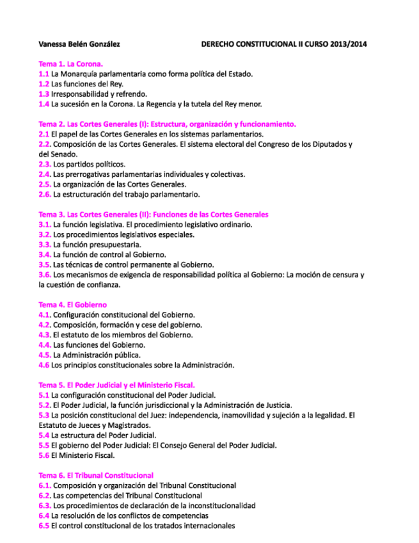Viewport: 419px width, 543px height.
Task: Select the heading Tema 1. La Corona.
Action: [x=71, y=64]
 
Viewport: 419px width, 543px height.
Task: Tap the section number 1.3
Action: [x=44, y=93]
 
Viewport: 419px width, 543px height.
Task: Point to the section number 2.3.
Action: [x=45, y=164]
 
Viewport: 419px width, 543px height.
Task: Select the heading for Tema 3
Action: [x=154, y=215]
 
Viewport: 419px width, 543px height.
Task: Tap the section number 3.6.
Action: [x=45, y=275]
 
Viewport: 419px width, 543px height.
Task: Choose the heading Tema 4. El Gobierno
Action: [x=73, y=305]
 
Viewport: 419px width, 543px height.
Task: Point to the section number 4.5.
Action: [x=45, y=355]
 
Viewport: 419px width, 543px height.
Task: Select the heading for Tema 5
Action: [x=122, y=385]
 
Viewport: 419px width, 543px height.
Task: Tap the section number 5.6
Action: [x=44, y=455]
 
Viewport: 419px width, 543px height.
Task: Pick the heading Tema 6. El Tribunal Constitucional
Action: [x=96, y=475]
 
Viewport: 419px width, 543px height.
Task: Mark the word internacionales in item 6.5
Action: [x=208, y=526]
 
